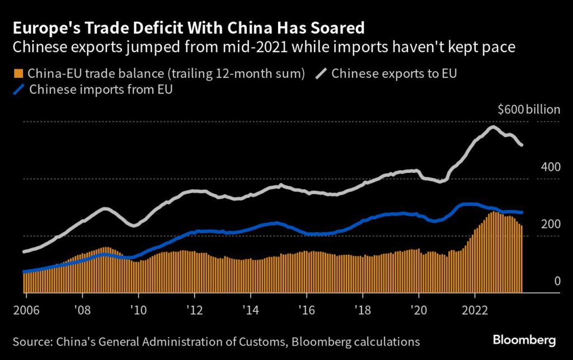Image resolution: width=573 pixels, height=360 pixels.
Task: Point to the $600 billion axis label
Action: [x=528, y=110]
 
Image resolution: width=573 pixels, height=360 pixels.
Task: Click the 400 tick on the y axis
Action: [x=551, y=167]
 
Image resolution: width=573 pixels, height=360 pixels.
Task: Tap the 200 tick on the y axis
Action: [x=551, y=224]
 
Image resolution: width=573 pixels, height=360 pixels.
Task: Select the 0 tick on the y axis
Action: [x=557, y=281]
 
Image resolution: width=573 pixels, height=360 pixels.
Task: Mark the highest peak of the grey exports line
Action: [x=492, y=127]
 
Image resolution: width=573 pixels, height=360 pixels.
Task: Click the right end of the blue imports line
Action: [x=522, y=212]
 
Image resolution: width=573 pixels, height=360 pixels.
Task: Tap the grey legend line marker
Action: [x=321, y=73]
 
